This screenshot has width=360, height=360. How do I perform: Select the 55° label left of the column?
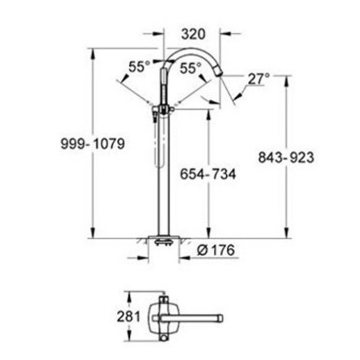coord(138,66)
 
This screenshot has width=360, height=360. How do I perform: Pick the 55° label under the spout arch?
coord(190,67)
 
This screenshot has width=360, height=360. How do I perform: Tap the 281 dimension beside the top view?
coord(124,317)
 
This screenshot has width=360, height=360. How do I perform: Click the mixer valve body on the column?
coord(161,110)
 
